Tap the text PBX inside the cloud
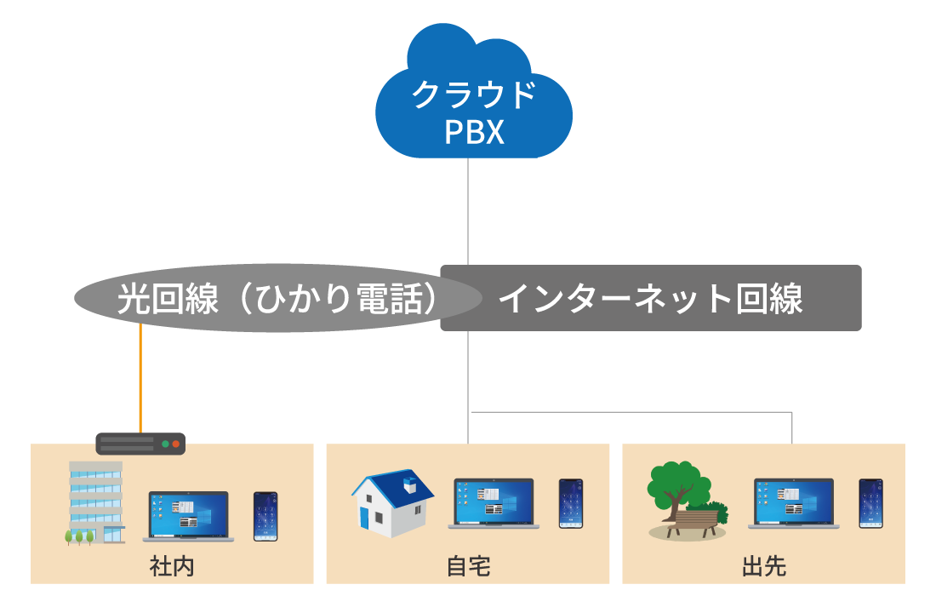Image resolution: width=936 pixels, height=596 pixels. [x=474, y=133]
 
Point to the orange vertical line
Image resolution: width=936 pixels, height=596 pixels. [x=140, y=383]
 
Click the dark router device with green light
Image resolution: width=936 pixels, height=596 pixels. [x=140, y=444]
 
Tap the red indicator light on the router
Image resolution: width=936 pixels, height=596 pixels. [x=176, y=444]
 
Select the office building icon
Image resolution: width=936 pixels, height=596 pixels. [x=94, y=502]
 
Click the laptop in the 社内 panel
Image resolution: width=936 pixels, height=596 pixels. [x=188, y=516]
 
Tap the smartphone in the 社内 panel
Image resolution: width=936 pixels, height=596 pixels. [x=265, y=516]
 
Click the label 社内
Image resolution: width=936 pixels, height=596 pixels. [x=172, y=566]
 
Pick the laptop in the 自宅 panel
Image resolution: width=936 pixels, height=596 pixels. [x=494, y=503]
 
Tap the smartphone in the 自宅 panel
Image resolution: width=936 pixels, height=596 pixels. [x=570, y=503]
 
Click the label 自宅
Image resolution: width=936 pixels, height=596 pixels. [x=468, y=566]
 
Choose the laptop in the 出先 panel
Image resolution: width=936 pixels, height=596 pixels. [x=793, y=503]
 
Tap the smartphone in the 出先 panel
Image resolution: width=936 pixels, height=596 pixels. [x=870, y=503]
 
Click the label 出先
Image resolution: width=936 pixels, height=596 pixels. [x=763, y=566]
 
